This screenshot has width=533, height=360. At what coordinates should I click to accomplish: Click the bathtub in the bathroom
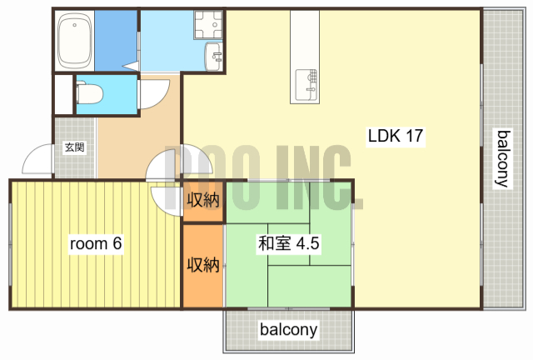(x=74, y=41)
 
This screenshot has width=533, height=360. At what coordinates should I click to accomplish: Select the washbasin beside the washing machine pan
(x=214, y=57)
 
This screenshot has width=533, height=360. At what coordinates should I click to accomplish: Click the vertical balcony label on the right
(x=502, y=158)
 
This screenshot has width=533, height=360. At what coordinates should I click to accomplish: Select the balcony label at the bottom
(x=288, y=330)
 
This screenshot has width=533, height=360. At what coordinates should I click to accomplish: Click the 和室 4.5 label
(x=289, y=244)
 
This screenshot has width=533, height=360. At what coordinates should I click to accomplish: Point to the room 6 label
(x=96, y=244)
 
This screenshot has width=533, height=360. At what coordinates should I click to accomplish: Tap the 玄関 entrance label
(x=74, y=148)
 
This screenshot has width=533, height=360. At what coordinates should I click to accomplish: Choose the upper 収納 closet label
(x=202, y=200)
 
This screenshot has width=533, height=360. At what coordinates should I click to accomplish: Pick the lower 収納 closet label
(x=202, y=265)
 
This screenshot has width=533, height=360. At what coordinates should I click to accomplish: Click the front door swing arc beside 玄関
(x=37, y=161)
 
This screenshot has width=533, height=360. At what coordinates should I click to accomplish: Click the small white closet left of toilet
(x=62, y=94)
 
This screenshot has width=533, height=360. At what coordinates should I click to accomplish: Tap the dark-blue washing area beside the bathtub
(x=114, y=41)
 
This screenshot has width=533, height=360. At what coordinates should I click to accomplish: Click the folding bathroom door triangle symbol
(x=131, y=65)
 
